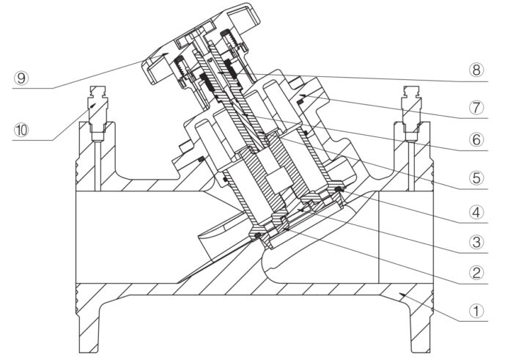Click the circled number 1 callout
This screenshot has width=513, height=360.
point(476,311)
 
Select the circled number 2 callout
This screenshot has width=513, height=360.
point(476,273)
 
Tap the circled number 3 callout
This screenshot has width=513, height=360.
point(476,243)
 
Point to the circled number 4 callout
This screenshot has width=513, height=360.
point(476,213)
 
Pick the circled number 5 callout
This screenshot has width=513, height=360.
point(476,178)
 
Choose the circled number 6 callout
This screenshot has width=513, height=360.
point(476,140)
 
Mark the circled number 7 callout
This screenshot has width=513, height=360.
point(476,108)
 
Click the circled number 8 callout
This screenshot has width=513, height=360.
point(476,70)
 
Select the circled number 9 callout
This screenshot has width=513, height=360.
point(21,78)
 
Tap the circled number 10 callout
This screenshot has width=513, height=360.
point(21,131)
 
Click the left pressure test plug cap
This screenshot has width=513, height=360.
point(97,92)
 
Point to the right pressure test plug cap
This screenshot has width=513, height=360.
point(411,92)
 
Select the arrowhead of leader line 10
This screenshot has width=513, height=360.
point(94,105)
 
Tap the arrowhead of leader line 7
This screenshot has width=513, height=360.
point(303,95)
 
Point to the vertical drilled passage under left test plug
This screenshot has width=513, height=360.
point(97,166)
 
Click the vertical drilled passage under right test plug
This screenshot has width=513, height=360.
point(411,166)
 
